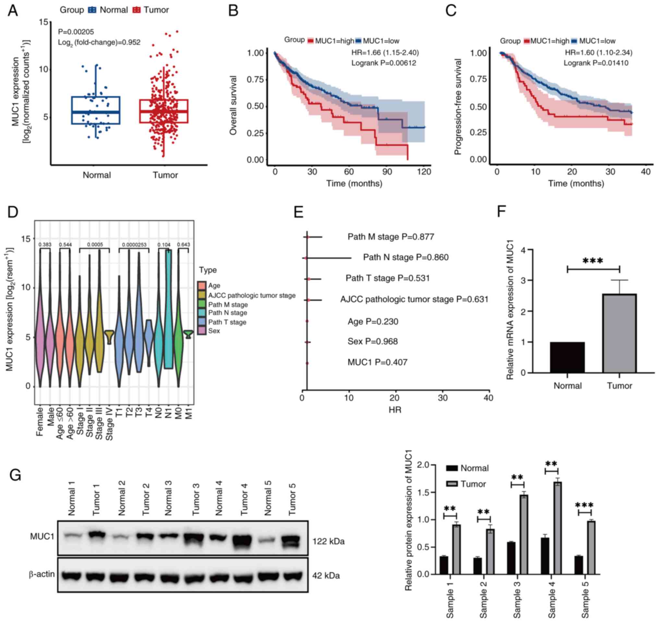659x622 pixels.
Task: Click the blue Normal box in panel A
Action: coord(95,110)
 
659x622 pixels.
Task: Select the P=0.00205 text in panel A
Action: coord(76,32)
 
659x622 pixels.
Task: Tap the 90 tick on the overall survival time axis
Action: coord(387,172)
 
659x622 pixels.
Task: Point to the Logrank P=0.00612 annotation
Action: coord(384,63)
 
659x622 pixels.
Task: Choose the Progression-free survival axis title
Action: coord(458,107)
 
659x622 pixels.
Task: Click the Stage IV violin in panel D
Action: coord(109,337)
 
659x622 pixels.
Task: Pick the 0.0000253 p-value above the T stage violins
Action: coord(134,245)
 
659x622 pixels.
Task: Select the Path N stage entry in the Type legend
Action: coord(227,313)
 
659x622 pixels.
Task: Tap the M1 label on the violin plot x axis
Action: coord(189,415)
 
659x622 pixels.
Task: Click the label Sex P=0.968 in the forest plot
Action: coord(372,341)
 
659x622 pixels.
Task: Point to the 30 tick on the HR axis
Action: coord(443,398)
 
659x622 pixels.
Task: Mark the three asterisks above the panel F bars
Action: coord(593,261)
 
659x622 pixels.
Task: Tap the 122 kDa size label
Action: coord(328,542)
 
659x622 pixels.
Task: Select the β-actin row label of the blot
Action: coord(42,574)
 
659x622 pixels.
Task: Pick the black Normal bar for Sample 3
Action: coord(511,558)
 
